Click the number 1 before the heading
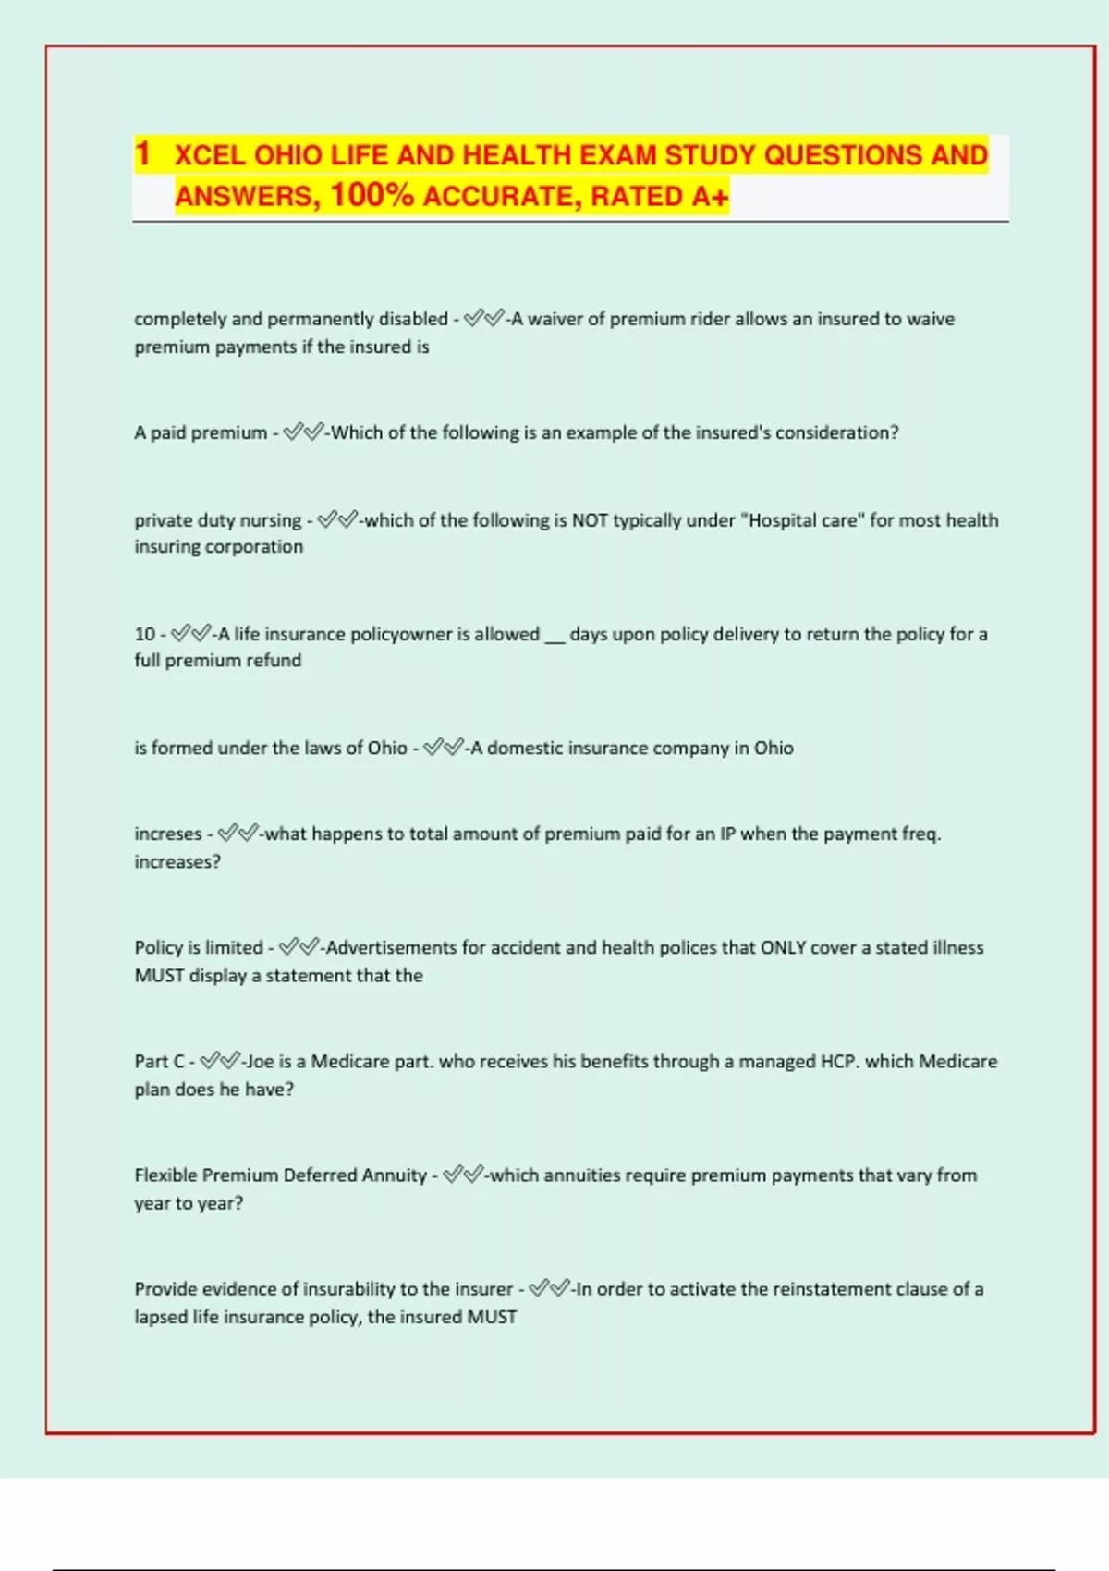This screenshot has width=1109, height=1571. (142, 153)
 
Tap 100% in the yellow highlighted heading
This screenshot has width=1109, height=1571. (372, 195)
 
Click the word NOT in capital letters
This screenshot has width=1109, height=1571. (590, 520)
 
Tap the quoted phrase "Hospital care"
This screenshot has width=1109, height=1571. (802, 520)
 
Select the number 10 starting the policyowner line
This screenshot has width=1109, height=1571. (144, 634)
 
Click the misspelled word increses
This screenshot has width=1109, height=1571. (168, 834)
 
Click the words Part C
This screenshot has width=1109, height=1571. (159, 1061)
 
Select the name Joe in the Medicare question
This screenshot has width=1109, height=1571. (260, 1061)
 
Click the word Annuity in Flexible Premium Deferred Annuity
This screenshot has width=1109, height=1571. (394, 1175)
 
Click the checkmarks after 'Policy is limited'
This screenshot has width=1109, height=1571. (299, 947)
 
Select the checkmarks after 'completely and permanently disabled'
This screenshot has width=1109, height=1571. (484, 319)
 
